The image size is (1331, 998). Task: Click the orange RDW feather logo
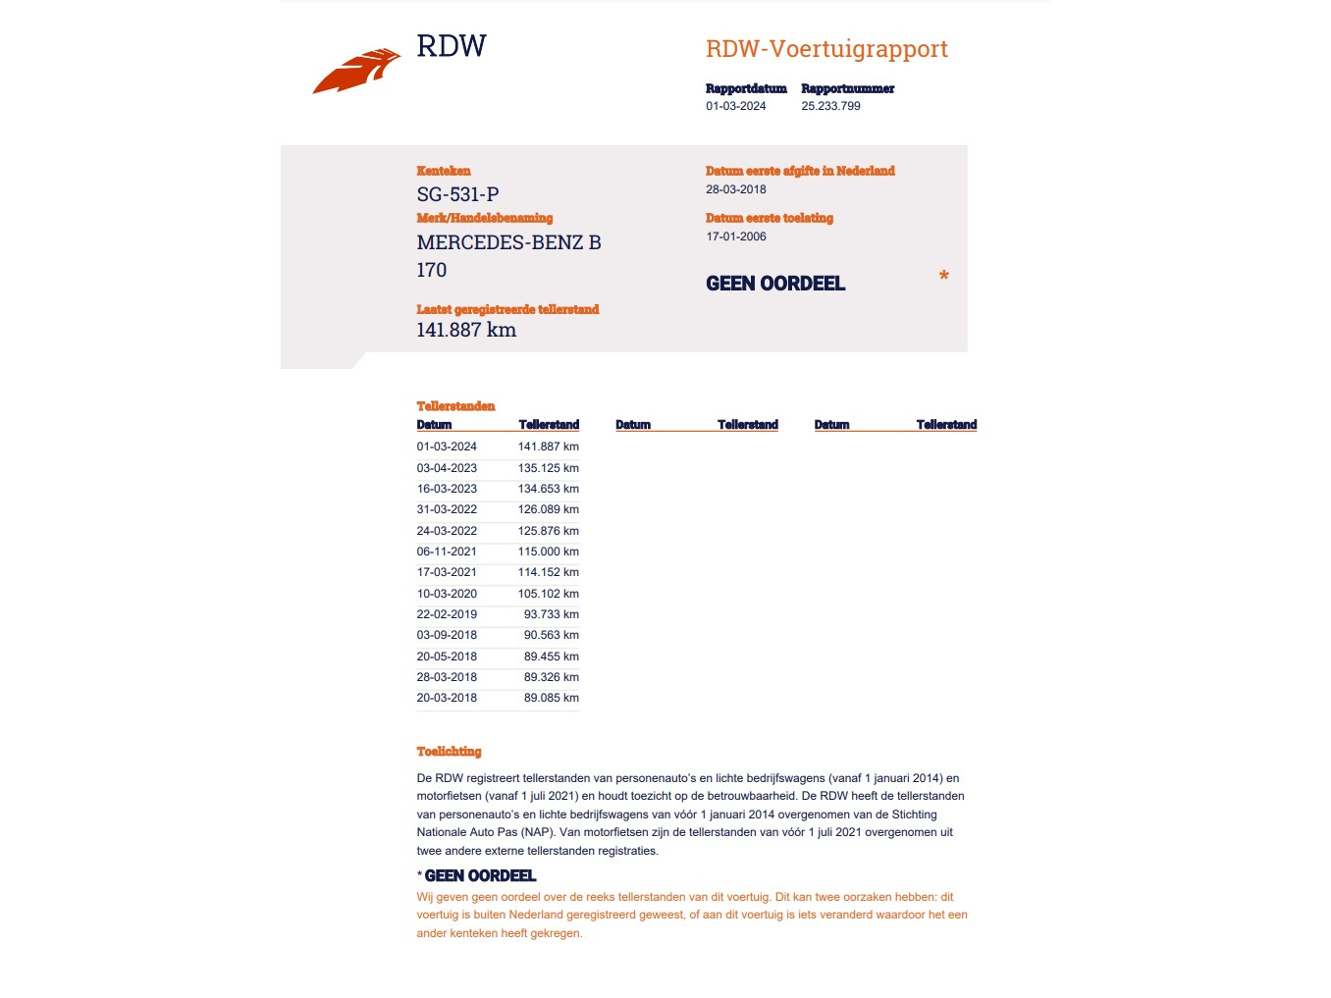coord(356,71)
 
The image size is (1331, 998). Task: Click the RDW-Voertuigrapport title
coord(826,49)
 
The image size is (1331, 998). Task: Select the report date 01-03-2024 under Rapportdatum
coord(735,106)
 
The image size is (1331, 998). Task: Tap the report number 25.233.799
coord(830,106)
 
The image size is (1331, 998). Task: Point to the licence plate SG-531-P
coord(457,194)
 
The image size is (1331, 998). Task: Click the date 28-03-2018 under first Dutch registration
coord(735,189)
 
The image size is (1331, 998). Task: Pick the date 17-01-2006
coord(735,236)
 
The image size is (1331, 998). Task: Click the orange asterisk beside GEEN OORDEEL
coord(943,277)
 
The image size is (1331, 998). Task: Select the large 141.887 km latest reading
coord(466,331)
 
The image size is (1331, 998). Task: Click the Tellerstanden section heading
coord(455,406)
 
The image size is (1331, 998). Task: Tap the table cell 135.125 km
coord(548,468)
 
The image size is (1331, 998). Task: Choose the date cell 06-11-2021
coord(447,552)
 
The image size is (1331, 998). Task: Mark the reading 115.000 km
coord(548,552)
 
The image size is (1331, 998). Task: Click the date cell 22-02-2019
coord(447,614)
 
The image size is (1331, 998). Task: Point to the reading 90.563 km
coord(551,635)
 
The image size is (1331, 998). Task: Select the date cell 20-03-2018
coord(447,698)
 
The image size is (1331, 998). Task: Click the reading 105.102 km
coord(548,594)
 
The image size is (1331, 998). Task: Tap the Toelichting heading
coord(449,752)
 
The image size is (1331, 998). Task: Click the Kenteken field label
coord(443,171)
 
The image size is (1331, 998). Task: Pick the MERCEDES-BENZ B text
coord(508,242)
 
